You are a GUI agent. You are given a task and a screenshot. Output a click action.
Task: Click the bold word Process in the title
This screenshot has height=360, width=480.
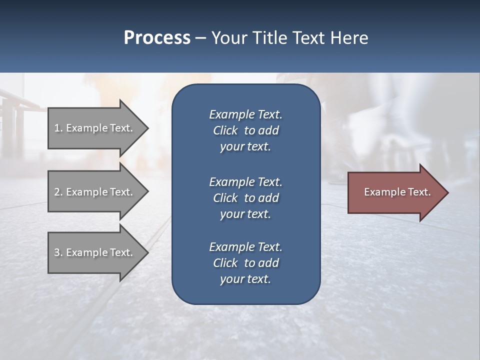click(157, 38)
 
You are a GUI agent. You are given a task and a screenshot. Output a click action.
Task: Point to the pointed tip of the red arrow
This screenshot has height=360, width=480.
click(446, 192)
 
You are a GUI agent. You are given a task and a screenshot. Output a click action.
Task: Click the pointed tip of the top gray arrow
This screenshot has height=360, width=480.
click(146, 128)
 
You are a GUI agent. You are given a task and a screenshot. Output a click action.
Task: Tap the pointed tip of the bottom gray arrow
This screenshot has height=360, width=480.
click(146, 252)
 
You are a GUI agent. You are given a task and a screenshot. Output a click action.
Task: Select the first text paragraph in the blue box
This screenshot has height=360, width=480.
click(245, 130)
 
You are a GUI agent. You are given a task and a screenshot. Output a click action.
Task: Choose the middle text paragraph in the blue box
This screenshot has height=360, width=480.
click(245, 197)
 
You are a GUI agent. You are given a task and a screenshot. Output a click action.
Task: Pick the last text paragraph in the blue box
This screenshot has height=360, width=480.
click(245, 263)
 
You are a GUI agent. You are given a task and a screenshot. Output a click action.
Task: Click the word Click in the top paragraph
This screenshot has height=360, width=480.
click(225, 130)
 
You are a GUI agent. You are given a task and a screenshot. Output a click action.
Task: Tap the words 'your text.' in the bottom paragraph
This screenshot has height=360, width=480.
click(245, 279)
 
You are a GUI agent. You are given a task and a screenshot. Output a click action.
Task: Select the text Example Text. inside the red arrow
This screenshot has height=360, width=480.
click(397, 192)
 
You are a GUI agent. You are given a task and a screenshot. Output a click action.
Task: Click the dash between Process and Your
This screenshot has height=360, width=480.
click(200, 38)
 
